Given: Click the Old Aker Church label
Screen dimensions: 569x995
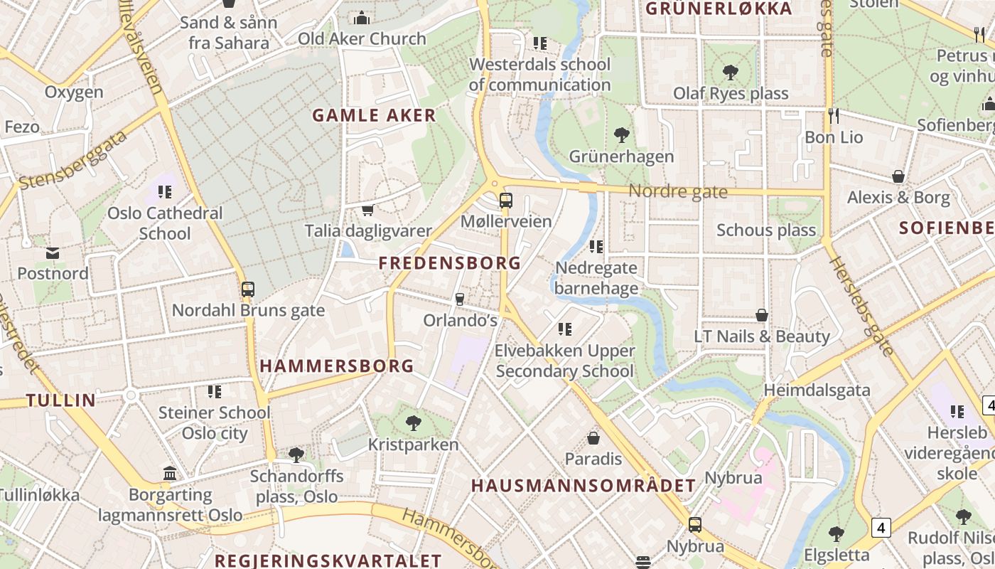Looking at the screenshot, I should pyautogui.click(x=362, y=38).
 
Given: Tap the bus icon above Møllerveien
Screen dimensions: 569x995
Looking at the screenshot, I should pyautogui.click(x=506, y=201).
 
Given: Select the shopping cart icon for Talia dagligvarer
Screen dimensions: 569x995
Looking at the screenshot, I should pyautogui.click(x=367, y=210).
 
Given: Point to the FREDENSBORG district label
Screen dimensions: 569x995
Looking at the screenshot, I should pyautogui.click(x=450, y=263).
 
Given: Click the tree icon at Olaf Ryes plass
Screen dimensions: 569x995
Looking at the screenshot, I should pyautogui.click(x=730, y=72).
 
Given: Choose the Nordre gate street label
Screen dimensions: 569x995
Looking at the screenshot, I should pyautogui.click(x=678, y=191).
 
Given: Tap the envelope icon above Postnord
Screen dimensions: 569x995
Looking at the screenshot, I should pyautogui.click(x=53, y=252).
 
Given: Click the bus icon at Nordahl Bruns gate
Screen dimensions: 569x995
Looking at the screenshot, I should pyautogui.click(x=248, y=289).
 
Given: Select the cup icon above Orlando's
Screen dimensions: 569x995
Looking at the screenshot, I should pyautogui.click(x=460, y=299).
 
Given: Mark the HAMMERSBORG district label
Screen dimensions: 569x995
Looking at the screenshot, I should pyautogui.click(x=336, y=366).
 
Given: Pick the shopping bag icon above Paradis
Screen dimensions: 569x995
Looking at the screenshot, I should pyautogui.click(x=593, y=438).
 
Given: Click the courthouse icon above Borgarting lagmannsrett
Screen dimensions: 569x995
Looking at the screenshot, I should pyautogui.click(x=170, y=473).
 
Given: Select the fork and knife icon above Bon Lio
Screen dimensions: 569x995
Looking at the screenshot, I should pyautogui.click(x=834, y=115).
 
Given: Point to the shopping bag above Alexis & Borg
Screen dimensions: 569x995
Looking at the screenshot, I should pyautogui.click(x=898, y=176).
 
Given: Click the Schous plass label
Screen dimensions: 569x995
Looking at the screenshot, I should pyautogui.click(x=766, y=230).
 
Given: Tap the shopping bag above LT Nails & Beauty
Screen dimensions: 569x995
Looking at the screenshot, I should pyautogui.click(x=762, y=315).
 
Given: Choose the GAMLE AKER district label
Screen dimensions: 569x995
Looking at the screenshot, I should pyautogui.click(x=374, y=115).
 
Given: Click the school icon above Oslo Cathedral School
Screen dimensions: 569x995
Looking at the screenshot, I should pyautogui.click(x=165, y=191).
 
